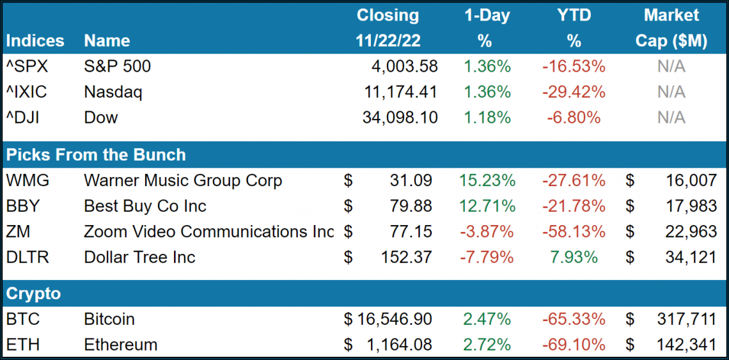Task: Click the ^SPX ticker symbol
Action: (x=26, y=67)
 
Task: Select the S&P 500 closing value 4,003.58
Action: (x=404, y=67)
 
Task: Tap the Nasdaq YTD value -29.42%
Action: (x=574, y=92)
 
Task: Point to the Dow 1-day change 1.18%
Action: (x=487, y=118)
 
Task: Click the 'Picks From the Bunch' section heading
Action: (x=96, y=155)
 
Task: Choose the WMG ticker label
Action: (x=27, y=181)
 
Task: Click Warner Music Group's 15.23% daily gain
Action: (x=487, y=181)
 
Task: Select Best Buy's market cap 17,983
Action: (x=691, y=207)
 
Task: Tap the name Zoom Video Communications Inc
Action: (x=208, y=232)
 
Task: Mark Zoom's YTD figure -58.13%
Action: (x=574, y=232)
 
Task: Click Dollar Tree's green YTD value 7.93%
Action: (x=574, y=258)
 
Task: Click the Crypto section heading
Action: (x=33, y=293)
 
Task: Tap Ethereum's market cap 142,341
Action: (x=686, y=345)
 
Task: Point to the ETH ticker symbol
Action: (x=22, y=345)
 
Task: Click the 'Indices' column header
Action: (x=35, y=41)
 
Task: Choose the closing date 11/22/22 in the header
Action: (x=388, y=41)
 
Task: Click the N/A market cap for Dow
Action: (x=671, y=118)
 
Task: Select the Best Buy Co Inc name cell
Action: (x=145, y=207)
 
